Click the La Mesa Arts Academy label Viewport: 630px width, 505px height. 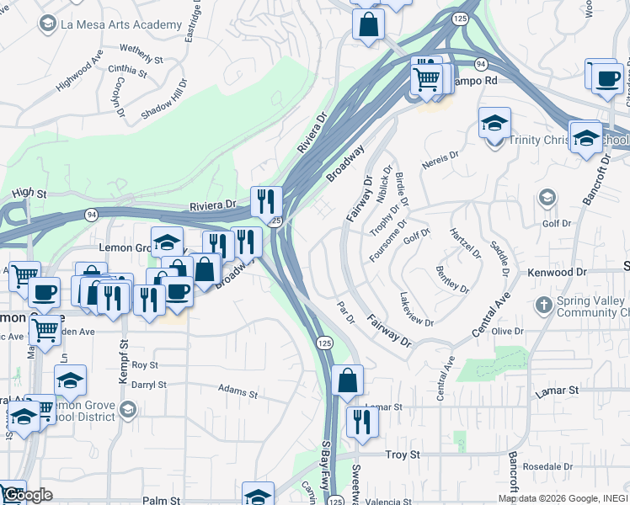click(x=121, y=25)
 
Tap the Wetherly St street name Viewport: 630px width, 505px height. click(x=141, y=55)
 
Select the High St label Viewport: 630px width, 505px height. click(x=29, y=194)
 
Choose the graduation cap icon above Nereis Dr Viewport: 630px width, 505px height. click(x=494, y=123)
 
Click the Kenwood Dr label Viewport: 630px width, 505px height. click(x=557, y=273)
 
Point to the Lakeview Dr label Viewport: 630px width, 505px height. click(x=417, y=311)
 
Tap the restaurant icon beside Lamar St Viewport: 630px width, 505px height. click(x=362, y=421)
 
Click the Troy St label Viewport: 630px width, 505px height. click(x=403, y=454)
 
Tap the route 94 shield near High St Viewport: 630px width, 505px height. click(x=90, y=215)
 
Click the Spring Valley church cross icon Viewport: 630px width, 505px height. click(x=545, y=303)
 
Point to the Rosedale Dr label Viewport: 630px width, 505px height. click(x=547, y=465)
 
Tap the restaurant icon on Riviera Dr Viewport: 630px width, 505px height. click(x=266, y=200)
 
